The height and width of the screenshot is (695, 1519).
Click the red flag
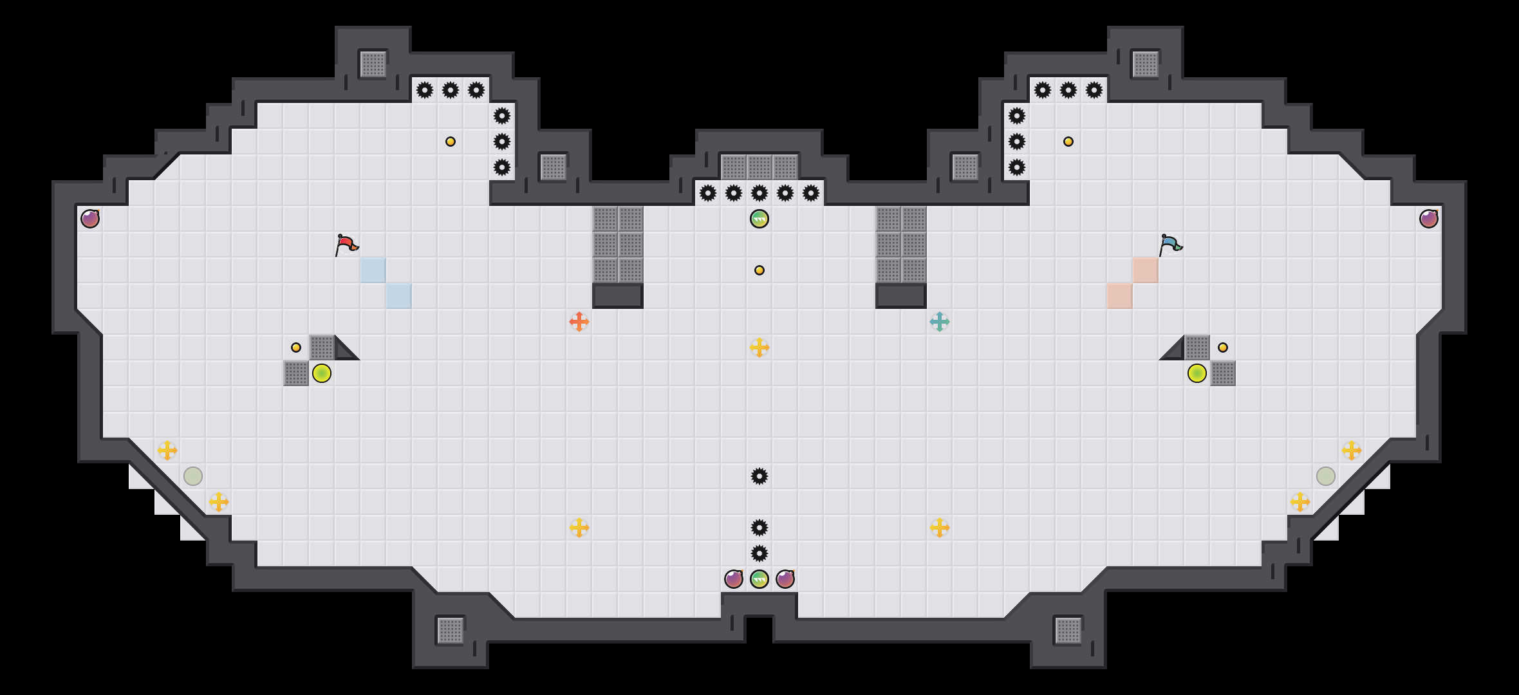346,244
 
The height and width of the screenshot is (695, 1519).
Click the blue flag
1170,244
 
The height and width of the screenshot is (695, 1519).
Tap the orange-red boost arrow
579,322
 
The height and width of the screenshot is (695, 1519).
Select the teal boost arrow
940,322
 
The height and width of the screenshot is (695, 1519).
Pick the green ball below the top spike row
759,219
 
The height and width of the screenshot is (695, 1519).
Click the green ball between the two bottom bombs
759,579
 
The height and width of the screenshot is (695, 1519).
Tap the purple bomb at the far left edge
90,219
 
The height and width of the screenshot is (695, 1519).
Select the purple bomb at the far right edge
1429,219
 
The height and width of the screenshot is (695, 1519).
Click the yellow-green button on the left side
322,373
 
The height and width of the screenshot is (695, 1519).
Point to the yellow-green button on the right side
1197,373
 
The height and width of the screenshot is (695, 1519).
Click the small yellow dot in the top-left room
451,142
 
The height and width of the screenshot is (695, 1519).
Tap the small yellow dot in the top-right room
1068,142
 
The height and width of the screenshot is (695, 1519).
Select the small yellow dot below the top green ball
759,270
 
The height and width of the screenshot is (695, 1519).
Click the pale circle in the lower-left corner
193,476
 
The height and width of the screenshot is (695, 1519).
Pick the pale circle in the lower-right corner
1326,476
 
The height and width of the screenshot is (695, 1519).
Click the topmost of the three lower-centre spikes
759,476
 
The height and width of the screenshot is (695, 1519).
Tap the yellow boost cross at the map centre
759,347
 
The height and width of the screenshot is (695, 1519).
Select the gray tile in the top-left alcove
373,64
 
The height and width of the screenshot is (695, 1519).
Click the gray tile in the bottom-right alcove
1068,631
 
